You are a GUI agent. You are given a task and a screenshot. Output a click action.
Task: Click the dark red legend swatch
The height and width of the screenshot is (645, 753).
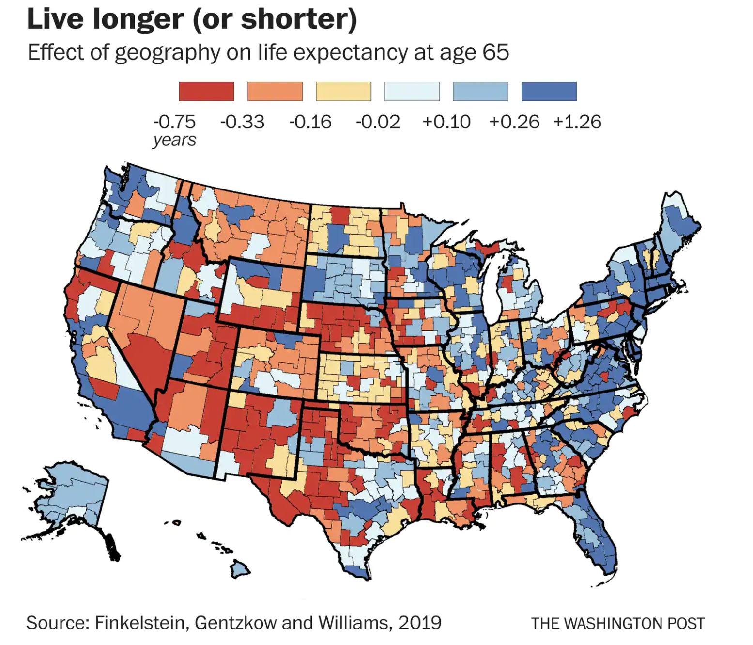coord(206,91)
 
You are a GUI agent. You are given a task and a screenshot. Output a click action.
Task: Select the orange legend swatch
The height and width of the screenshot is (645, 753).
coord(275,91)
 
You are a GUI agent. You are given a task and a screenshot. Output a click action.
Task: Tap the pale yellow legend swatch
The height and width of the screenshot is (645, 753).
coord(343,91)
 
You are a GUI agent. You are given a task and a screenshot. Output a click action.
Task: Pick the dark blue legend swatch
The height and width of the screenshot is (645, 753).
coord(549,91)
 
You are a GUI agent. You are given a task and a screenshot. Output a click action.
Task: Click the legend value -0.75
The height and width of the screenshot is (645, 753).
coord(174,122)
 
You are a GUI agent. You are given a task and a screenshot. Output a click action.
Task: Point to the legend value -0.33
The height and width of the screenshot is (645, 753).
coord(242,122)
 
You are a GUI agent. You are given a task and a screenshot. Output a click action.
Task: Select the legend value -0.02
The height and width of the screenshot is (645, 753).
coord(378,122)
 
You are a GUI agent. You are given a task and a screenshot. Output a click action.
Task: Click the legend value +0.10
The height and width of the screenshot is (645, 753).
coord(446,122)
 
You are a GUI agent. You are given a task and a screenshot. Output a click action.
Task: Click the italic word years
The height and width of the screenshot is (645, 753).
coord(174,140)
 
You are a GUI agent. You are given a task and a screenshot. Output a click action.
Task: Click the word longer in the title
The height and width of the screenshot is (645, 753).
coord(138,19)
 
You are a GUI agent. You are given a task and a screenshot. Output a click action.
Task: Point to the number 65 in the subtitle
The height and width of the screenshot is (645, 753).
coord(495,52)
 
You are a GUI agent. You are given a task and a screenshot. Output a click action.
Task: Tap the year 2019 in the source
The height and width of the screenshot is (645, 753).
coord(419,623)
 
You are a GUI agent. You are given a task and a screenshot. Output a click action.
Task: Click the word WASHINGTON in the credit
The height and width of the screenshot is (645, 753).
coord(615,623)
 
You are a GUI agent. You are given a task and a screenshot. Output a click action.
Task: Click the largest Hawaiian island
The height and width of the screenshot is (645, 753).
coord(239,568)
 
